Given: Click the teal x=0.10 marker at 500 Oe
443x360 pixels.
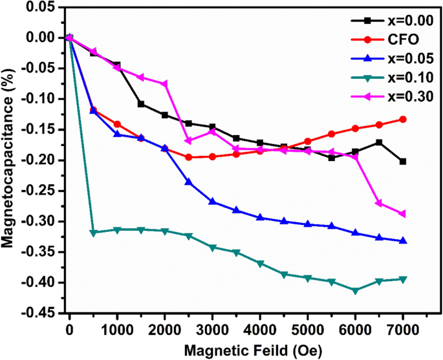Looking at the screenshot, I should tap(93, 233).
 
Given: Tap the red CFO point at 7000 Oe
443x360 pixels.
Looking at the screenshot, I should tap(403, 120).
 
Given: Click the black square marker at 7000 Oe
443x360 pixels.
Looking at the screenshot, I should tap(403, 162).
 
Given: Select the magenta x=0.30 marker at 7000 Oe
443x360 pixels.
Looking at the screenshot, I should tap(403, 214).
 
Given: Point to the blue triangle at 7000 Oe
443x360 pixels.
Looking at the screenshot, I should tap(403, 240).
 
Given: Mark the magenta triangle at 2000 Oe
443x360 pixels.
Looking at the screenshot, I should tap(164, 84).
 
